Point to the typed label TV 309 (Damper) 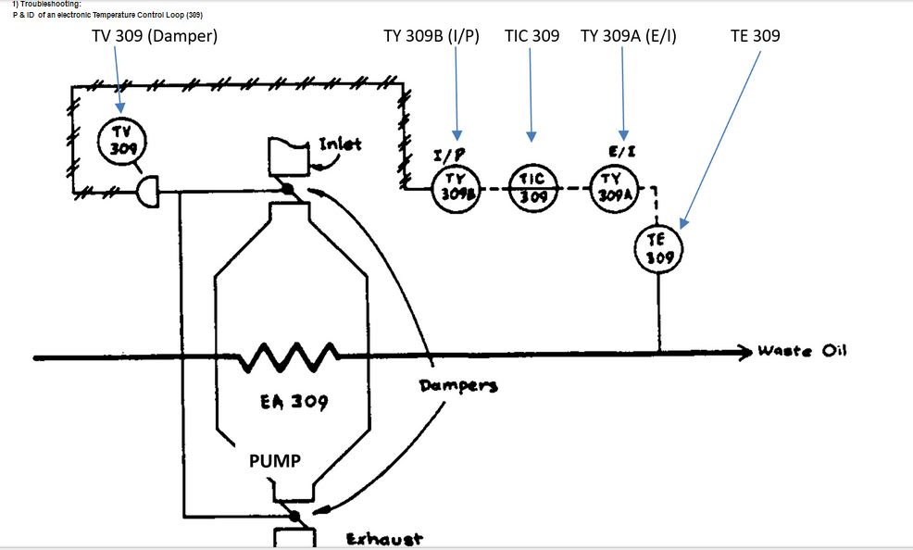click(155, 36)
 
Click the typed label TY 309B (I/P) click(431, 36)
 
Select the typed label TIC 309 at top click(532, 36)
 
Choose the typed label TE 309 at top click(755, 36)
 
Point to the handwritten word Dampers click(458, 385)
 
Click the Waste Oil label click(802, 350)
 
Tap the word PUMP click(275, 460)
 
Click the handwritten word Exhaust click(384, 539)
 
